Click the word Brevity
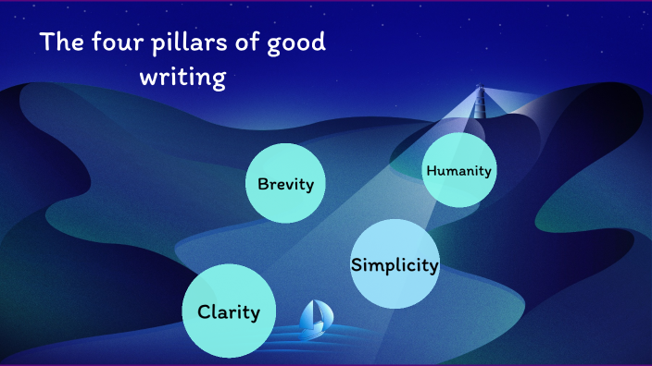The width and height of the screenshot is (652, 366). [285, 184]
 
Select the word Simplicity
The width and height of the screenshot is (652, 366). [395, 265]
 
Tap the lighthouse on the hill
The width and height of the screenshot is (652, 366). [480, 101]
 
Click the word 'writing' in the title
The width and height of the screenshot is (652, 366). [182, 78]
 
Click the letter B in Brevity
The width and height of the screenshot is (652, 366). [263, 184]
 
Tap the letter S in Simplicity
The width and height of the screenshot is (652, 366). [357, 265]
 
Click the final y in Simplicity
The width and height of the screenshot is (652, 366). [432, 268]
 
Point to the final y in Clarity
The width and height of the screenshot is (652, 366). [269, 315]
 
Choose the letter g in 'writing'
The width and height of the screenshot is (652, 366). [219, 80]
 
